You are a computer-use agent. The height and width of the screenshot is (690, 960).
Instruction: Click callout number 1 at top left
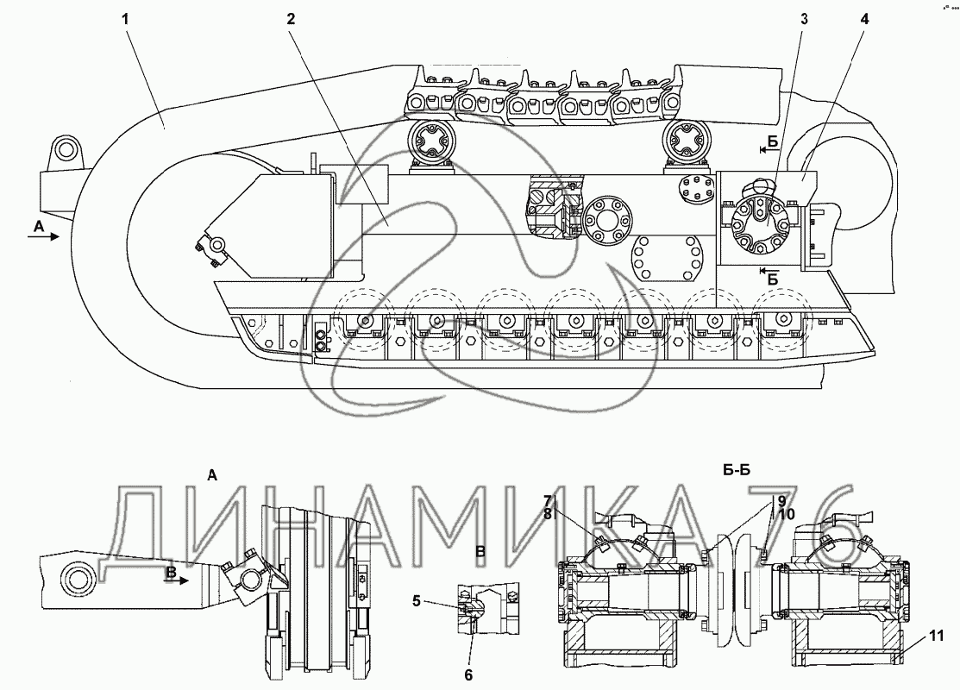pos(125,19)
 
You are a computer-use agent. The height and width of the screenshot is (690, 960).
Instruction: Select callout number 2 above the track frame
pos(291,19)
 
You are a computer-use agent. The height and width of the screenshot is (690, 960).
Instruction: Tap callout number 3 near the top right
pos(804,19)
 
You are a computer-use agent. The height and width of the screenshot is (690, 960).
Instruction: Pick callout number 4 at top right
pos(864,19)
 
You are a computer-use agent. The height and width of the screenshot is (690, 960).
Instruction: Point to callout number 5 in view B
pos(417,600)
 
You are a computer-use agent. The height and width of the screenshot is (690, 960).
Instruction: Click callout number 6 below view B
pos(468,674)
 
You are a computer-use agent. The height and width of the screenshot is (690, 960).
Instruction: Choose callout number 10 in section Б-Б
pos(787,514)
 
